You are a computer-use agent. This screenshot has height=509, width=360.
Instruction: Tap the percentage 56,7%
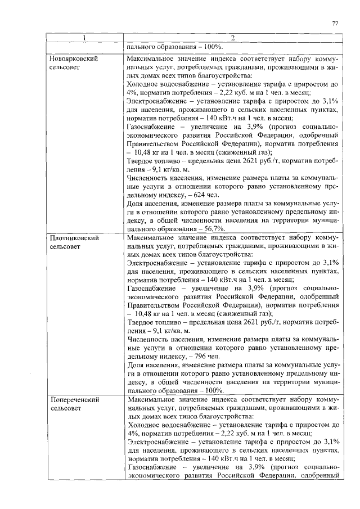[x=213, y=229]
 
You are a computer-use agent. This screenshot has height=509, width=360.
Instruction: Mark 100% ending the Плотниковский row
[x=213, y=390]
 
